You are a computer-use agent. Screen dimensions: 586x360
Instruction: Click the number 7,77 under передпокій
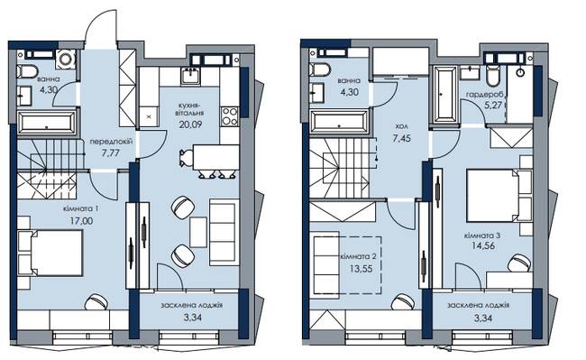point(110,152)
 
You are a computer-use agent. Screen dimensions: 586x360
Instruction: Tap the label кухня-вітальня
point(190,109)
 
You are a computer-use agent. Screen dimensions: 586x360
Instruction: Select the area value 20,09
point(190,125)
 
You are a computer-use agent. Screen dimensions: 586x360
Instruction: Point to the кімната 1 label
point(81,208)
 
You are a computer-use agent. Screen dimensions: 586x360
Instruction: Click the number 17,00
point(81,221)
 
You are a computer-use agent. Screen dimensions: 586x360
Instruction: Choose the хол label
point(403,126)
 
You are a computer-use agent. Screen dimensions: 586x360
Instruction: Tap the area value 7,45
point(402,138)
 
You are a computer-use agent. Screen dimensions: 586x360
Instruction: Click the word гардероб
point(485,94)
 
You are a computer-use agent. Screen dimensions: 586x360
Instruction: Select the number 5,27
point(493,105)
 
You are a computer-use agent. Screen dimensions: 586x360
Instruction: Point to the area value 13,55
point(361,268)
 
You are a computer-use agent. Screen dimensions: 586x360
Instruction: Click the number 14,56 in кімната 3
point(483,245)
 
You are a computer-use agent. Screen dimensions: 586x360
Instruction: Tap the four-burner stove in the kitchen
point(230,116)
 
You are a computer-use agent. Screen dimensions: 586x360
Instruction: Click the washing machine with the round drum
point(66,59)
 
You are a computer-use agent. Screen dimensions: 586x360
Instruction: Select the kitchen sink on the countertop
point(190,77)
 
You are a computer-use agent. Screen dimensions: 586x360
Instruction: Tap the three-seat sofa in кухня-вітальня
point(224,233)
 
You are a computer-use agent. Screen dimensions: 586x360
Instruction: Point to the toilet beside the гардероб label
point(493,76)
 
